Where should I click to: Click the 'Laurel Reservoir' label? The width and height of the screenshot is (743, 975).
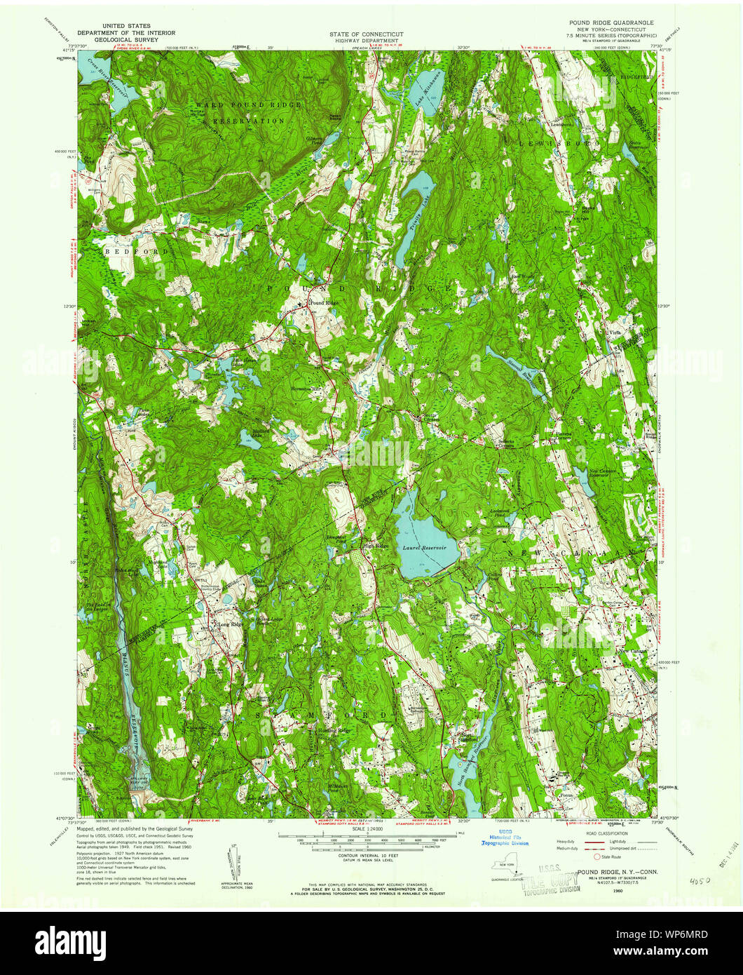421,547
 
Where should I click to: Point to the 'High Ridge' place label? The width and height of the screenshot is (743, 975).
375,546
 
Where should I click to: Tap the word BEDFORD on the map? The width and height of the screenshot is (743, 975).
127,250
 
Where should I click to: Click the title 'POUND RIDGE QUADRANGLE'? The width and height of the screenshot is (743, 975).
611,22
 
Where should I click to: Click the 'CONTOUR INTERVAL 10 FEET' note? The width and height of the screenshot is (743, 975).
367,857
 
